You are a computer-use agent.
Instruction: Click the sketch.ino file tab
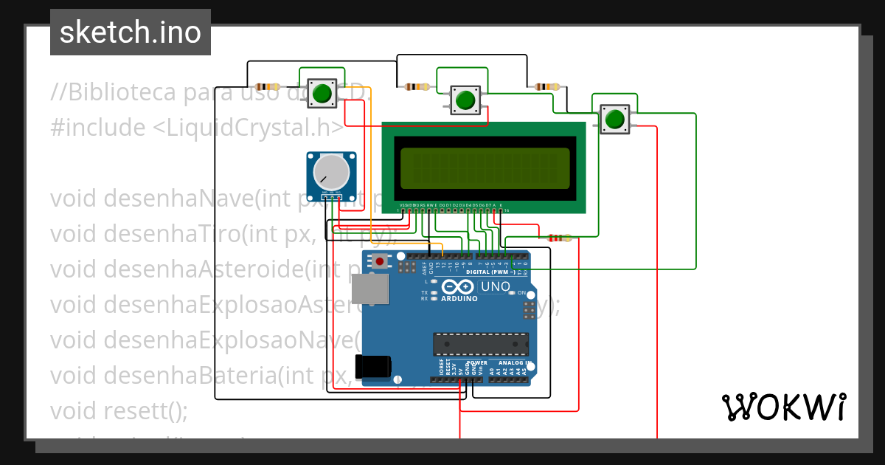point(130,32)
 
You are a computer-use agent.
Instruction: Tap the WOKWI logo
point(783,407)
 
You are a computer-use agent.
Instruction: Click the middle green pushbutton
point(465,100)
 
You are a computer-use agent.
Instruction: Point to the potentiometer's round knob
point(330,173)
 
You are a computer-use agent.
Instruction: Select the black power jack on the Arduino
point(373,367)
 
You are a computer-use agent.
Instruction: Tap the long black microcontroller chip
point(480,344)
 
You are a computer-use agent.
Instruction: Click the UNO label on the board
point(495,286)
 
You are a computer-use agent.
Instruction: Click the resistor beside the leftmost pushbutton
point(267,86)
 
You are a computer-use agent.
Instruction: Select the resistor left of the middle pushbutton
point(417,87)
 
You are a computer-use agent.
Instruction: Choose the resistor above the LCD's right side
point(546,87)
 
